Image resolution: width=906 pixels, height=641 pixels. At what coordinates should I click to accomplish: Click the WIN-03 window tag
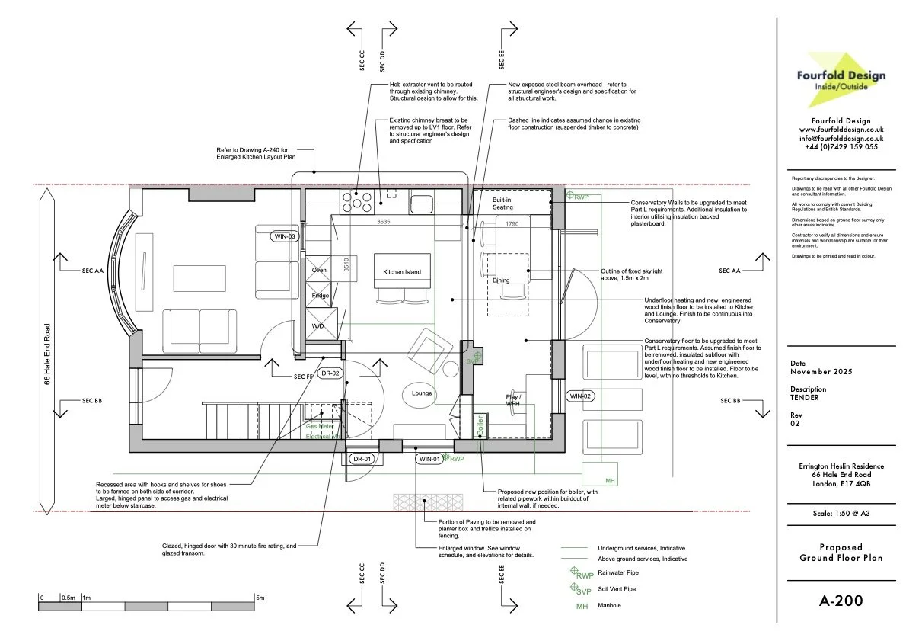pos(284,236)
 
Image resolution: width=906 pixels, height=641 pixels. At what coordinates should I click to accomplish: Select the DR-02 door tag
pos(330,373)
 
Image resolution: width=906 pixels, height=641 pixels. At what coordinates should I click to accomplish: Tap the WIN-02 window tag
pos(581,396)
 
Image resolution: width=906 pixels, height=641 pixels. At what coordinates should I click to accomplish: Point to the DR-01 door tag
pos(362,459)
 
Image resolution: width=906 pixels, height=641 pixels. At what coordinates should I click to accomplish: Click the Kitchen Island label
pos(402,272)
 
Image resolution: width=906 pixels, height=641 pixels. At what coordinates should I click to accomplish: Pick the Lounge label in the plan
pos(422,393)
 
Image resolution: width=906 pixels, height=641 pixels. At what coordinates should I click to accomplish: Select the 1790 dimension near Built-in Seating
pos(511,224)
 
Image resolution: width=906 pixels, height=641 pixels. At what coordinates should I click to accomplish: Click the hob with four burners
pos(354,201)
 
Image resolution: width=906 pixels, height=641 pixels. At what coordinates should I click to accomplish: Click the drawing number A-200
pos(841,601)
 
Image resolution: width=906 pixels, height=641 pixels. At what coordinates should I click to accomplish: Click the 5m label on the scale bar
pos(260,598)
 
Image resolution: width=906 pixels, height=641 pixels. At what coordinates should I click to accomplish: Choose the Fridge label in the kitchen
pos(320,295)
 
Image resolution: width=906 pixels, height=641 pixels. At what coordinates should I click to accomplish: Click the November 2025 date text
pos(821,371)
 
